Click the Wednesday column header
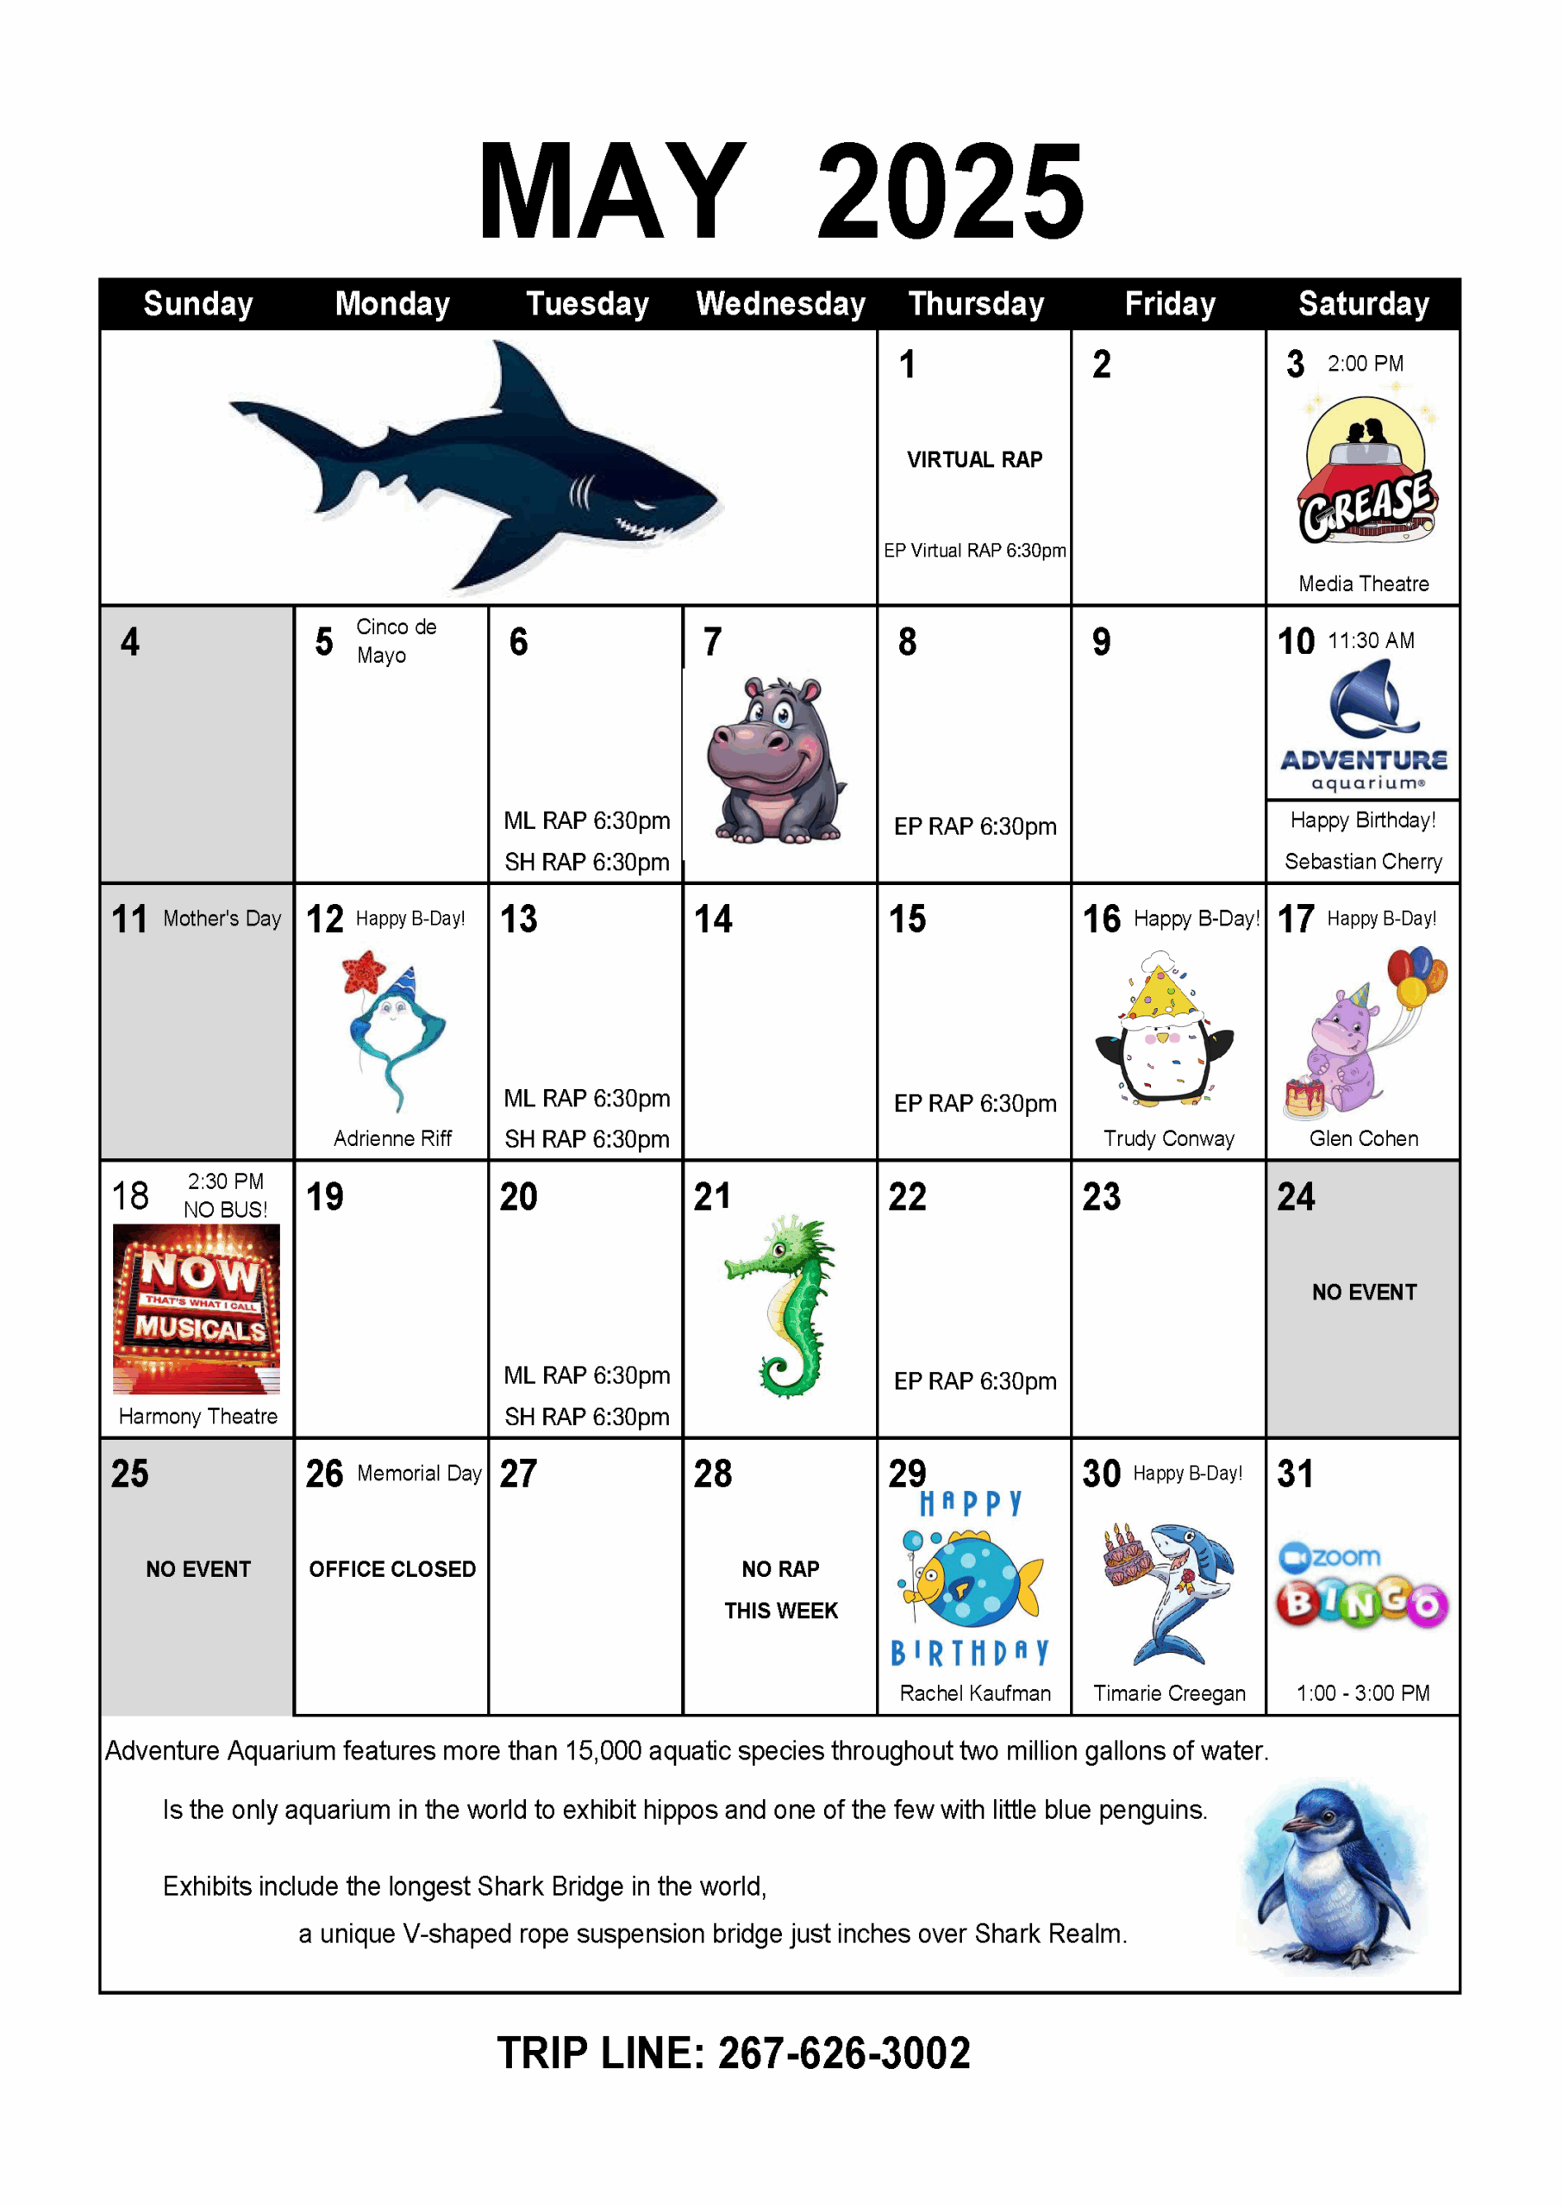coord(780,304)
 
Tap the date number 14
coord(713,919)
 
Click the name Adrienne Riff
coord(392,1138)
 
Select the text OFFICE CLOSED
coord(392,1569)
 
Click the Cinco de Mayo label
coord(396,641)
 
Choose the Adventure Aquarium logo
coord(1364,726)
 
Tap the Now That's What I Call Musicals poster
coord(197,1308)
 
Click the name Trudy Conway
coord(1168,1138)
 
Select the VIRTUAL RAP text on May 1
coord(974,460)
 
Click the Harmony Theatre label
coord(197,1416)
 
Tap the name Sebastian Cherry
coord(1363,861)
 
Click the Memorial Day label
coord(419,1473)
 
